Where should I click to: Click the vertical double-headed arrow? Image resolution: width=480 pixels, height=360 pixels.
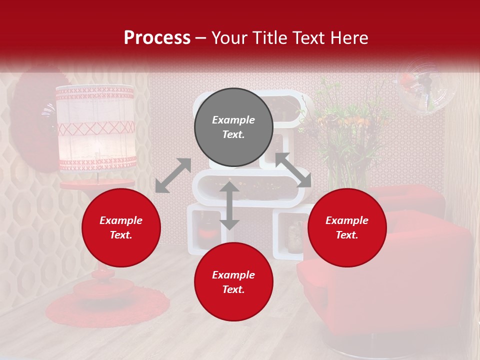coord(229,205)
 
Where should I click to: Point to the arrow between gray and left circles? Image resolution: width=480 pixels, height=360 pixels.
coord(173,175)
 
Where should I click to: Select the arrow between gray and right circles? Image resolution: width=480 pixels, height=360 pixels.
coord(293,170)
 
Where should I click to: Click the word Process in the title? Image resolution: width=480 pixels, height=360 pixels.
coord(157,37)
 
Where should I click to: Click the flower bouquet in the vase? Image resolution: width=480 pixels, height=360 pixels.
coord(345,125)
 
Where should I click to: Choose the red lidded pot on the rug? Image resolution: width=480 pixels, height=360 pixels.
coord(104,287)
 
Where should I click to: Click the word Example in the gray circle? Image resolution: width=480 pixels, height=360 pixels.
coord(233,120)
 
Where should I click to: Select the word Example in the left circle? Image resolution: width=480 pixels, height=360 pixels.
coord(121,220)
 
